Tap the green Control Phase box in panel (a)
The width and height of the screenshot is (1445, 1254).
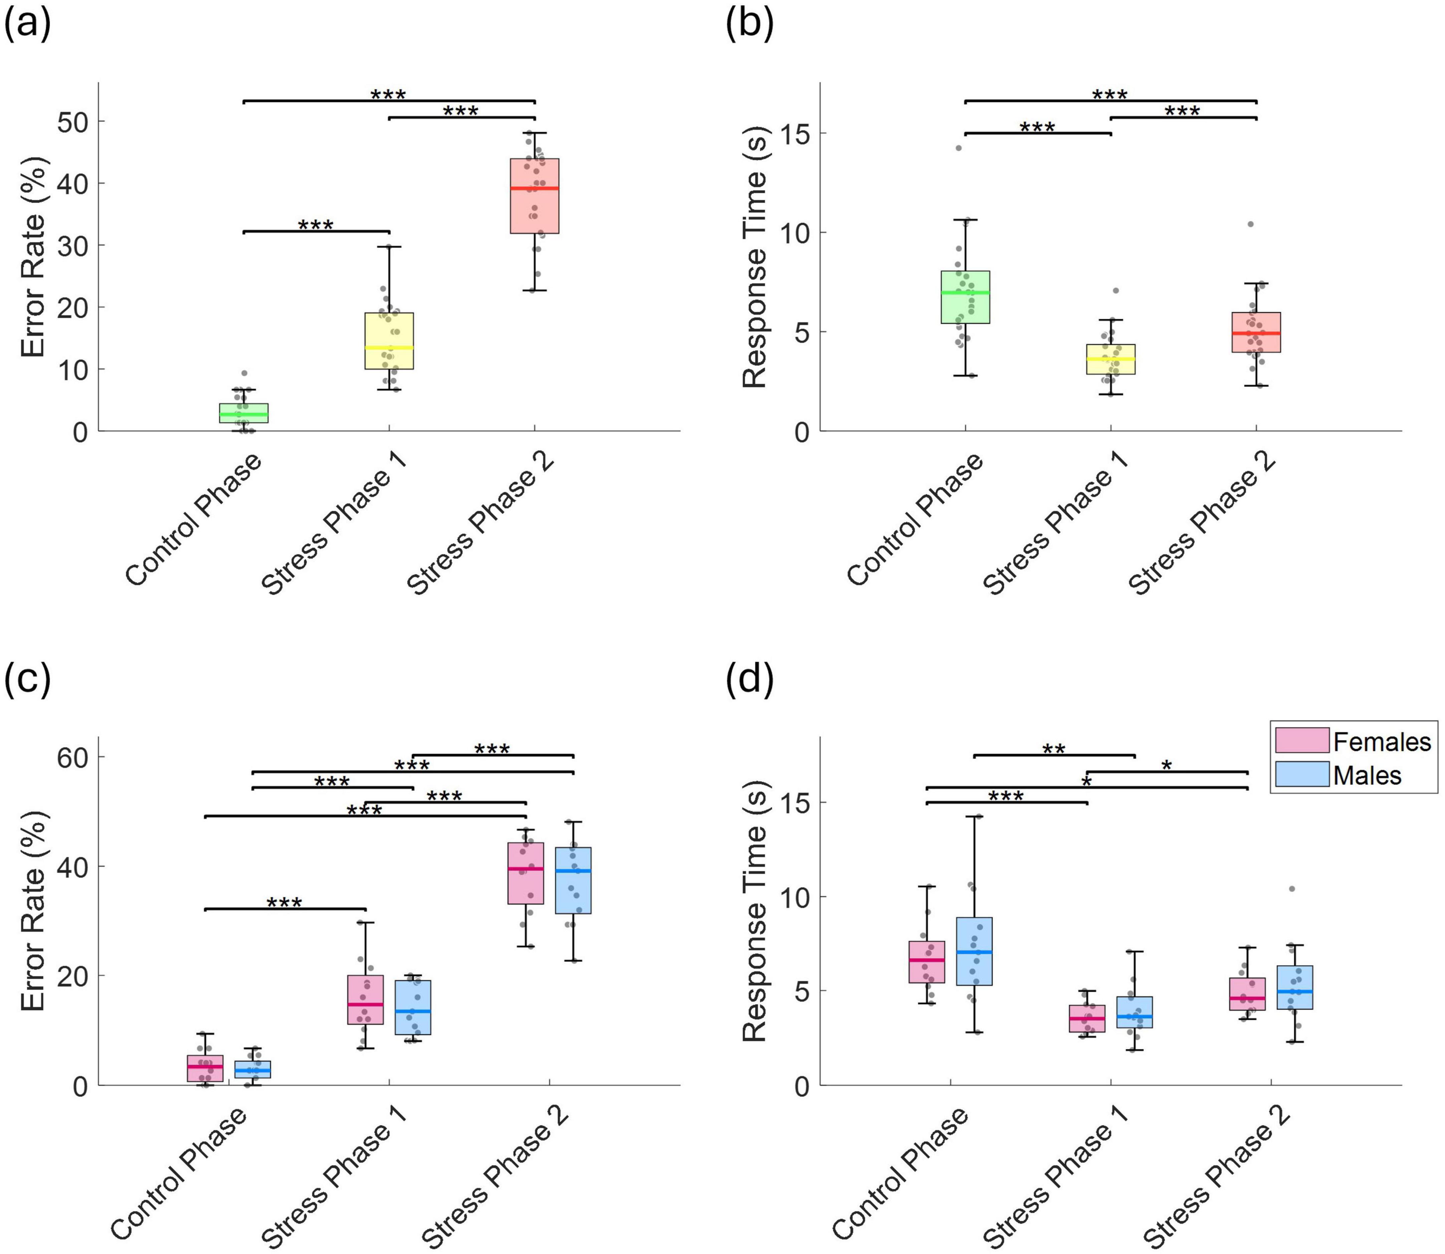pos(244,413)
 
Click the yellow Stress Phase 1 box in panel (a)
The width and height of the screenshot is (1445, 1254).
pos(389,341)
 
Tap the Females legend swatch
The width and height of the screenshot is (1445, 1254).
pos(1301,741)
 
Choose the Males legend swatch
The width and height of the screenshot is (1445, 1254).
pos(1301,774)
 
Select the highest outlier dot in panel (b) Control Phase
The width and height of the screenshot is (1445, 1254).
pos(959,147)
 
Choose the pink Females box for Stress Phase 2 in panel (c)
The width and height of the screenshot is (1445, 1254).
pos(526,873)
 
